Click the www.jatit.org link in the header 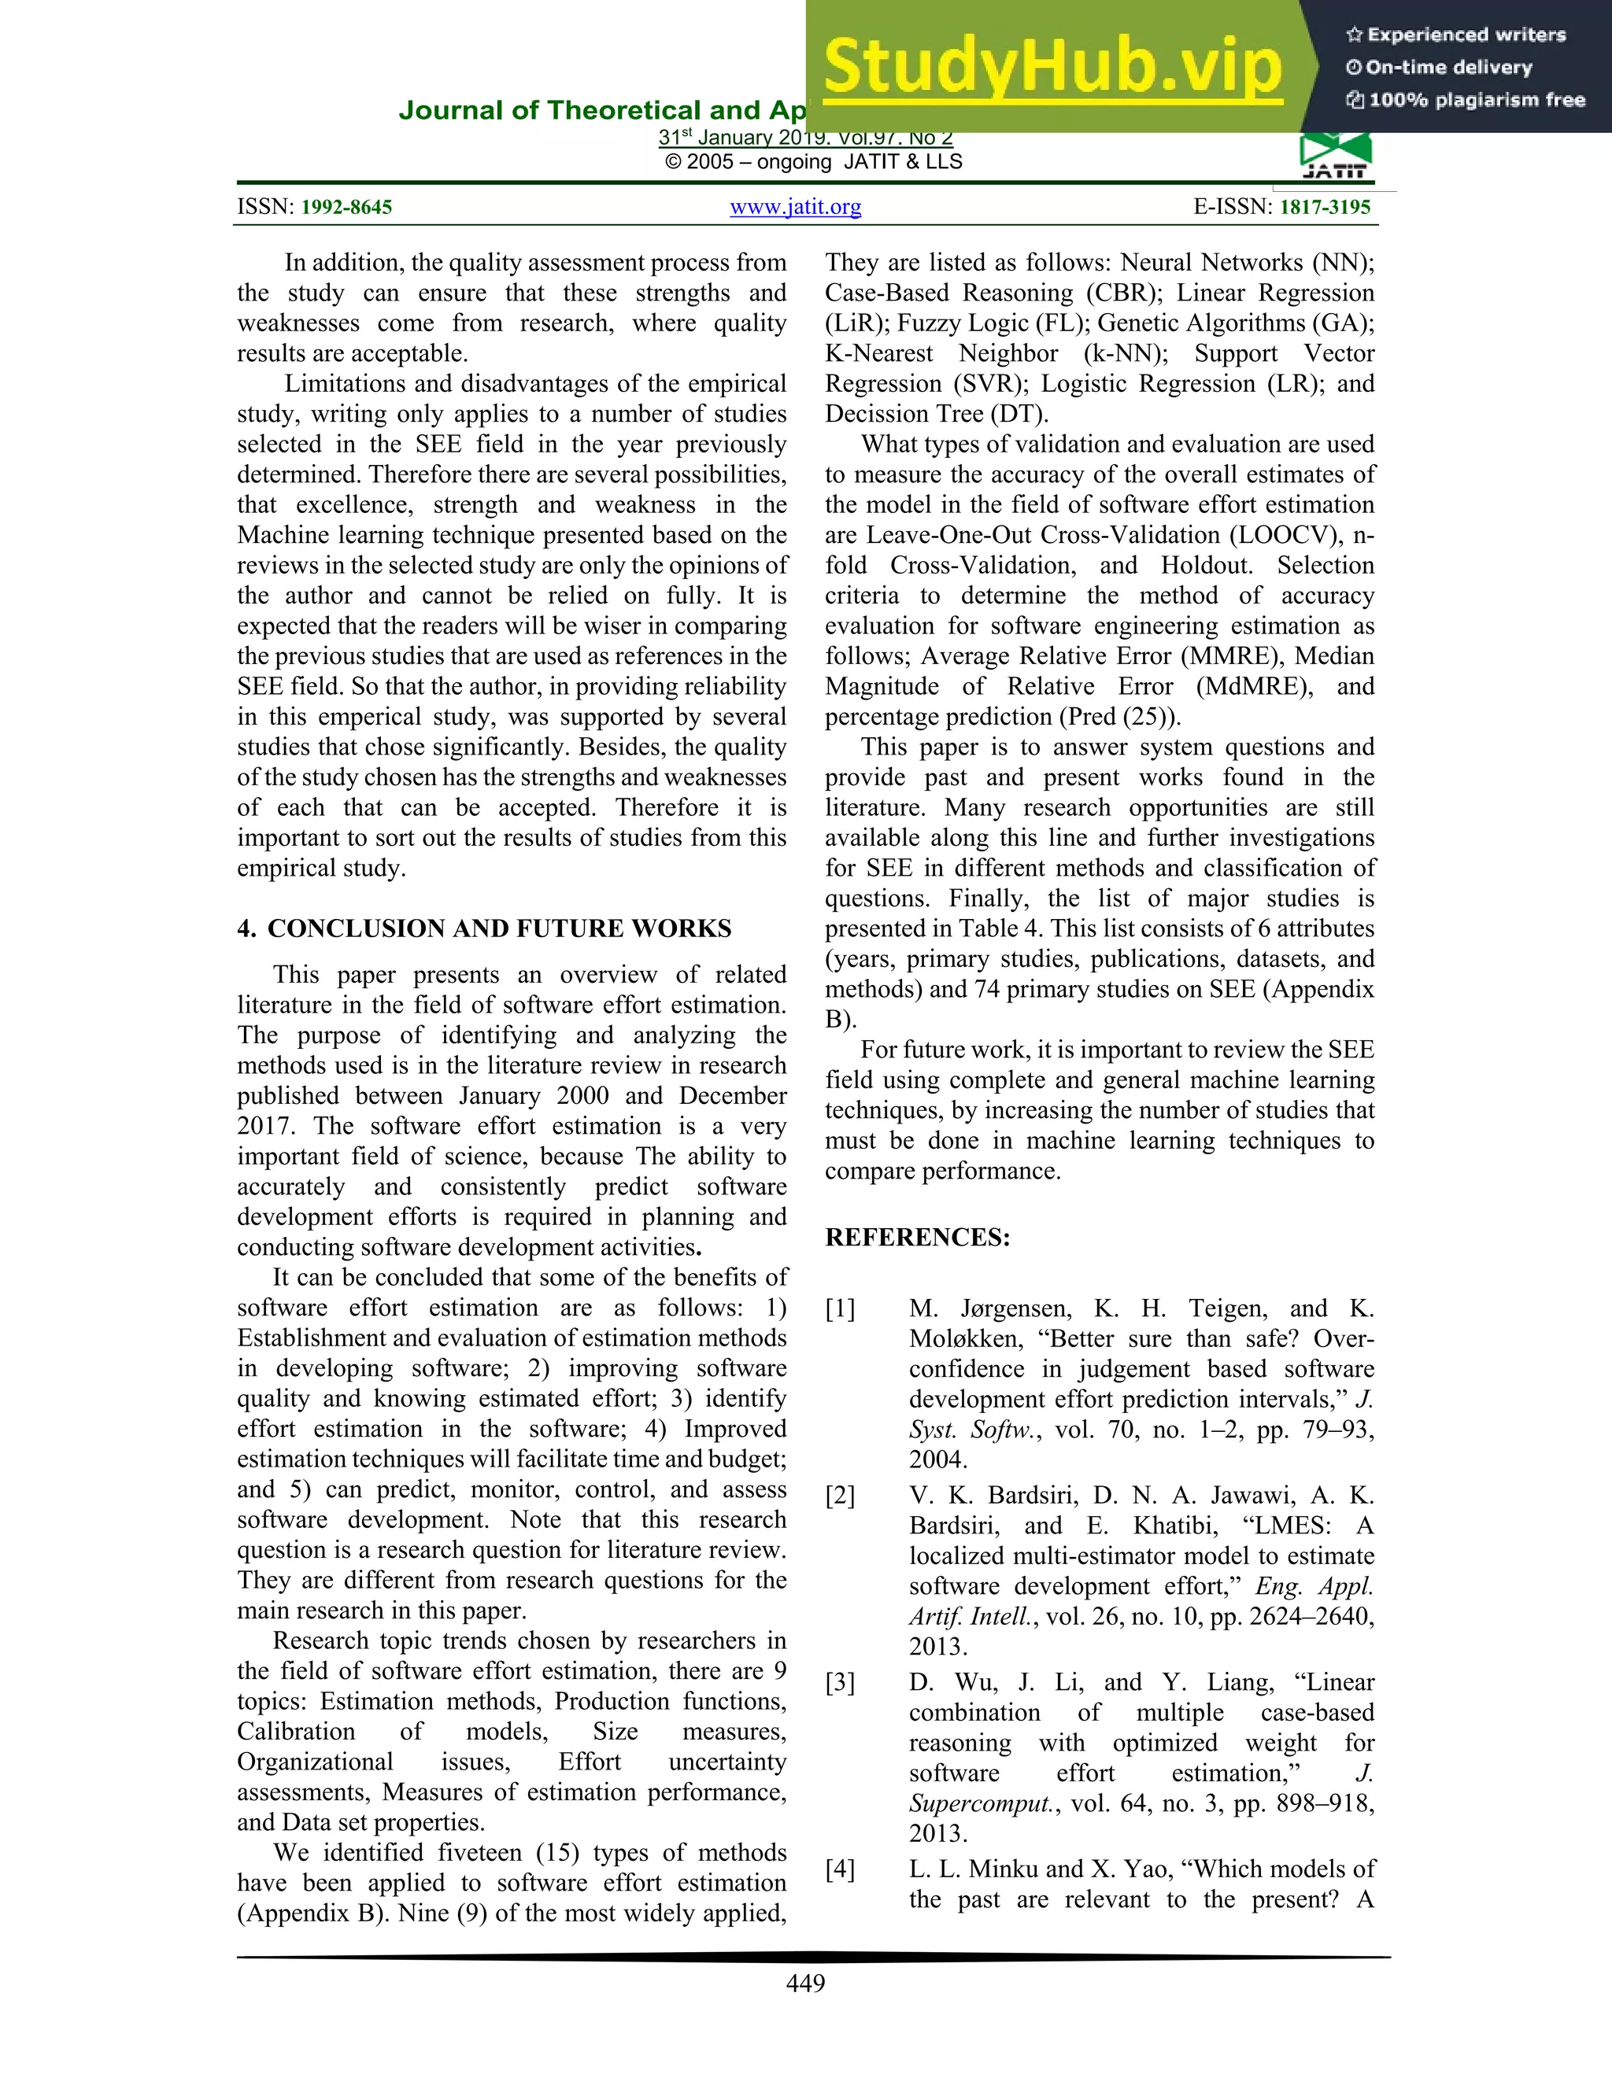point(796,207)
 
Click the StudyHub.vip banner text point(1052,67)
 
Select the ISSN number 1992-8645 point(346,207)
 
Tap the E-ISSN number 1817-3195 point(1325,207)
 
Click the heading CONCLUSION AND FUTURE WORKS point(498,929)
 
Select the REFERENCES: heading point(917,1238)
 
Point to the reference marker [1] point(841,1309)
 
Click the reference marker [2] point(841,1495)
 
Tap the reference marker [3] point(841,1682)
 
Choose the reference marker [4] point(841,1869)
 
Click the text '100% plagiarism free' point(1477,100)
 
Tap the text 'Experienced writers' point(1466,35)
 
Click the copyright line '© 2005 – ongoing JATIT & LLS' point(814,161)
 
